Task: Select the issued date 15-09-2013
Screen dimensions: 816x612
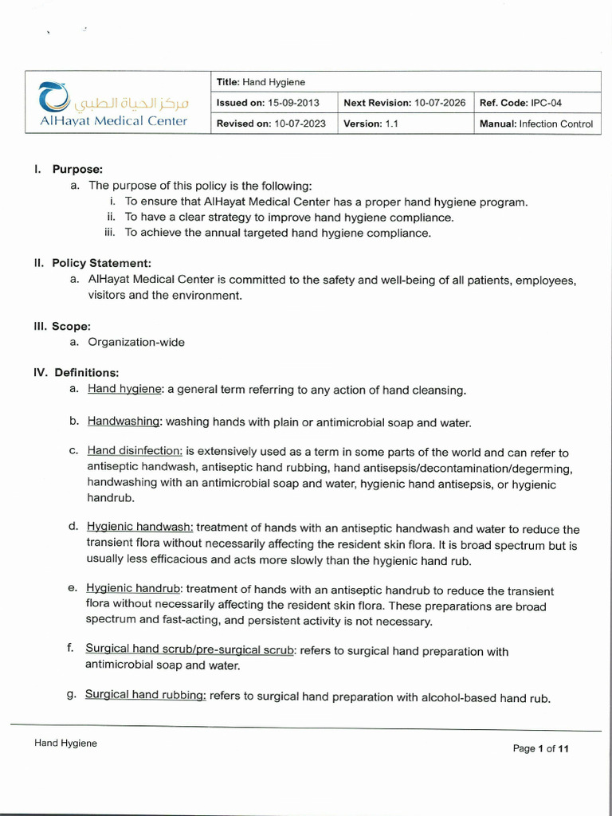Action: click(293, 103)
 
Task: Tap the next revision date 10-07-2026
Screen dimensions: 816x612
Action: click(440, 103)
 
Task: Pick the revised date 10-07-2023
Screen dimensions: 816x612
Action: click(300, 124)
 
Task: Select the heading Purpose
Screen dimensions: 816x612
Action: click(77, 169)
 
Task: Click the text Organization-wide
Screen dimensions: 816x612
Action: click(135, 342)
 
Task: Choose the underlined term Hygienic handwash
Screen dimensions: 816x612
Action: click(139, 528)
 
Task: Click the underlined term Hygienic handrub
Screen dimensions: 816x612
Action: click(134, 590)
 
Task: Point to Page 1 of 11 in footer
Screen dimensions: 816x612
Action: click(541, 748)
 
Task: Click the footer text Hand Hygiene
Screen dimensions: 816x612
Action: click(65, 743)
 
